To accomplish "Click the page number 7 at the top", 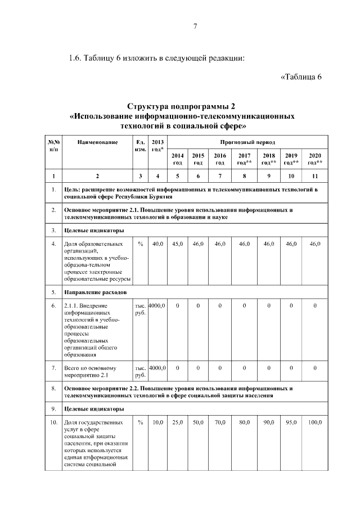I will point(195,26).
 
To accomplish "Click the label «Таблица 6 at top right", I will point(300,77).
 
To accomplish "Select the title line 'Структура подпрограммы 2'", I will point(181,107).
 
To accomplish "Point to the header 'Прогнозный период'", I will point(247,142).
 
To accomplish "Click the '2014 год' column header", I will point(178,159).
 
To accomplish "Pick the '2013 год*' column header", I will point(158,146).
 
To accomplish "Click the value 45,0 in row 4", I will point(178,244).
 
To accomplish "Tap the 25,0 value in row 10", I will point(178,422).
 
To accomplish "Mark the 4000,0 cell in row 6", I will point(158,305).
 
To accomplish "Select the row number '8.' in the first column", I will point(53,388).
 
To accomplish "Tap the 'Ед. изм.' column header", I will point(141,146).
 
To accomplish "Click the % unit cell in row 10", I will point(141,422).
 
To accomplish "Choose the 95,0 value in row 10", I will point(291,422).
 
